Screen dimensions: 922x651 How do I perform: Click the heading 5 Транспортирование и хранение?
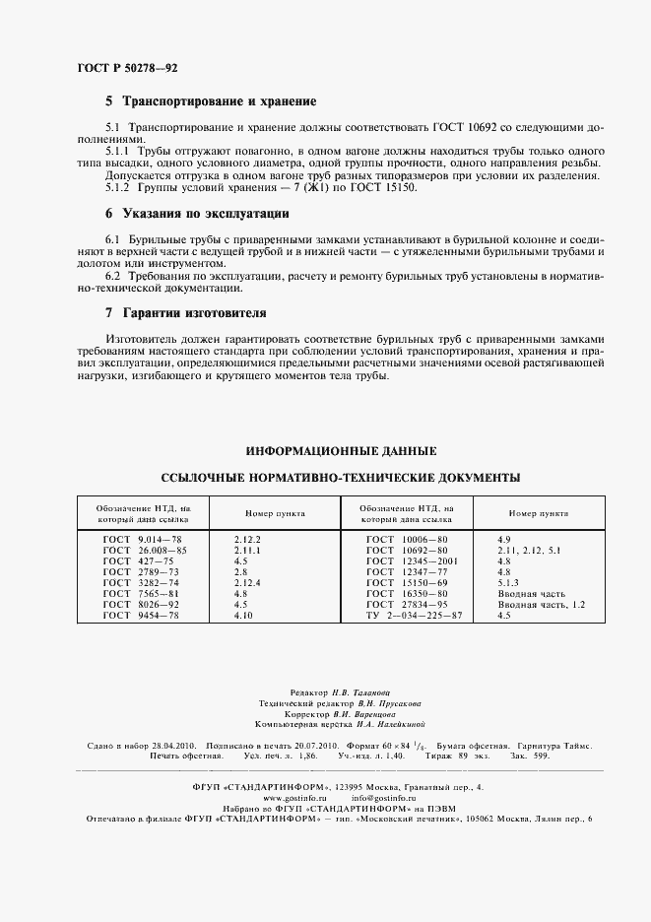pos(210,101)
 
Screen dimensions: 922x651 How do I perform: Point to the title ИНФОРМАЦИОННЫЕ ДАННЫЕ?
pos(341,451)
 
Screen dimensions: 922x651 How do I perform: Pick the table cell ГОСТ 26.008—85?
pos(144,550)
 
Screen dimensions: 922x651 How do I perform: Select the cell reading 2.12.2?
pos(247,541)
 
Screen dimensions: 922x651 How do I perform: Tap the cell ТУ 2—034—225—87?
pos(414,615)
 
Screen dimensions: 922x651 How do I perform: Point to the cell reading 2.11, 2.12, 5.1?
pos(530,550)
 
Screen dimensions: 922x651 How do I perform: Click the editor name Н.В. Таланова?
pos(353,693)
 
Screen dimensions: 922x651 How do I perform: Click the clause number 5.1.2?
pos(117,187)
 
